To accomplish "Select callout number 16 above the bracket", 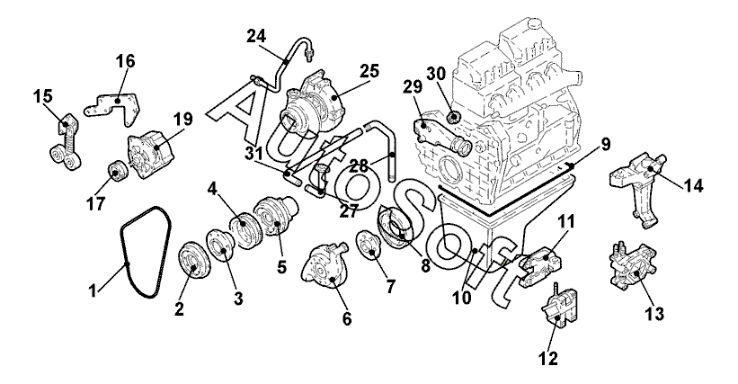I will coord(124,61).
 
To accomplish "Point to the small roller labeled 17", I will coord(114,170).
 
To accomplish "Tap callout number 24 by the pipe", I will coord(256,36).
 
